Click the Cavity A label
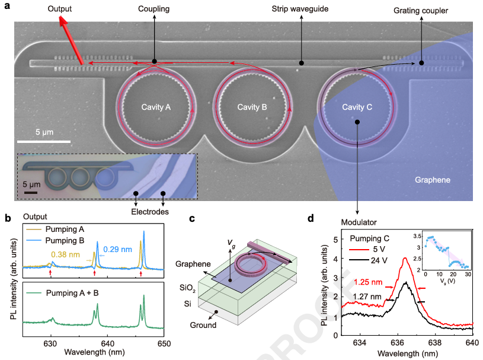tap(156, 107)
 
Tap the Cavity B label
tap(252, 107)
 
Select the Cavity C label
tap(357, 107)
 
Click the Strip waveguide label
tap(301, 9)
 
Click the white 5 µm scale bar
tap(44, 141)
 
